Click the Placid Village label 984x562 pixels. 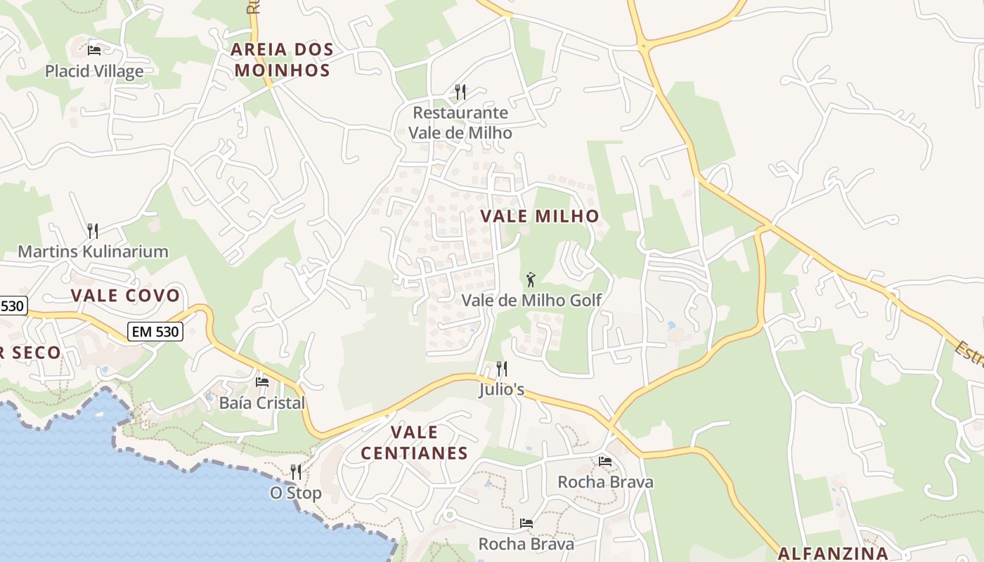94,71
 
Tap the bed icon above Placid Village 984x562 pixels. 94,50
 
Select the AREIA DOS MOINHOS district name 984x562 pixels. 282,60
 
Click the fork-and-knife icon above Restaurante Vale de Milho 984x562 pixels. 460,91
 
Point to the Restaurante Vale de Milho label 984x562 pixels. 460,122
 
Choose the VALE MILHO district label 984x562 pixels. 540,216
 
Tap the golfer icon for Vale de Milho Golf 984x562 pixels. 531,280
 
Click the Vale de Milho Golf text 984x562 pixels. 531,301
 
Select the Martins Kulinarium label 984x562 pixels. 93,251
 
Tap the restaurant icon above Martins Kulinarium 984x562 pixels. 92,230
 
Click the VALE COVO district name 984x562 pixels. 126,296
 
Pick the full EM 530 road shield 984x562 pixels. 155,332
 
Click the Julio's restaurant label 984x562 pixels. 502,389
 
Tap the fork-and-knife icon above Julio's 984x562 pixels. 502,368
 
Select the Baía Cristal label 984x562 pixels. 262,403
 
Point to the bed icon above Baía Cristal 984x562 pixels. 262,382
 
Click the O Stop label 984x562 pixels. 296,493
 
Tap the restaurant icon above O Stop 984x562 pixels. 296,471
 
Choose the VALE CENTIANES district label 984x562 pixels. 414,443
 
